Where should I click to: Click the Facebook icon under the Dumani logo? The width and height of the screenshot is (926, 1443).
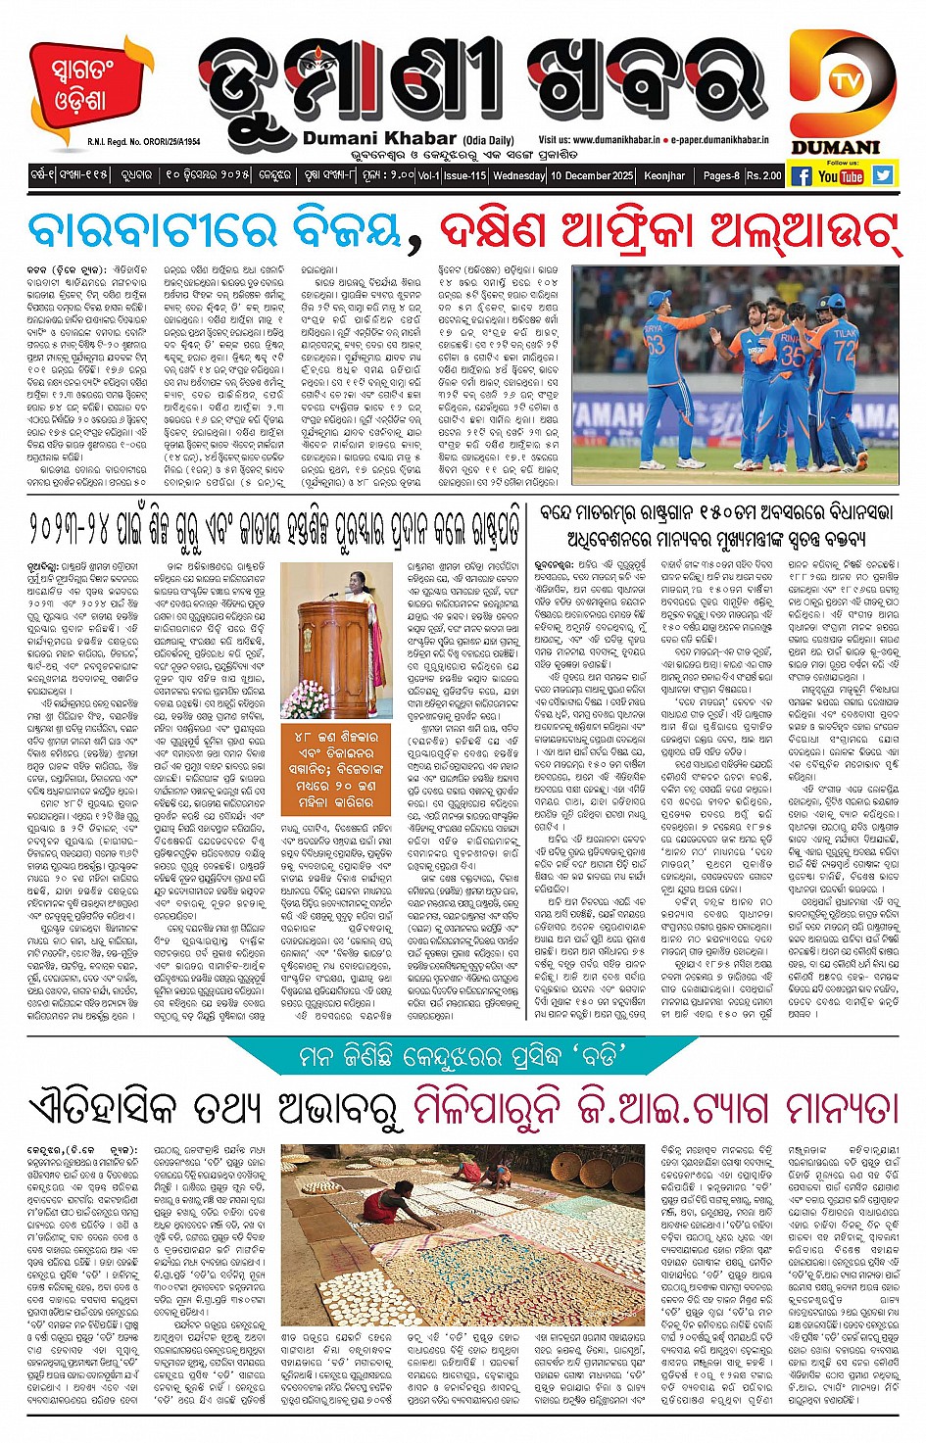801,175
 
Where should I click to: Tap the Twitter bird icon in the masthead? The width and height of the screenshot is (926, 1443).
883,175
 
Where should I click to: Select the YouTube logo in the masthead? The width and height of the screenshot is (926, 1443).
841,176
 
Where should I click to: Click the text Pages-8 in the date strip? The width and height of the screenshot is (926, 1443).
723,175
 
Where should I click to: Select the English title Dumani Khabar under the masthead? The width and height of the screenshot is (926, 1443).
379,139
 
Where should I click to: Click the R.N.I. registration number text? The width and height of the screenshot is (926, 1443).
143,141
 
